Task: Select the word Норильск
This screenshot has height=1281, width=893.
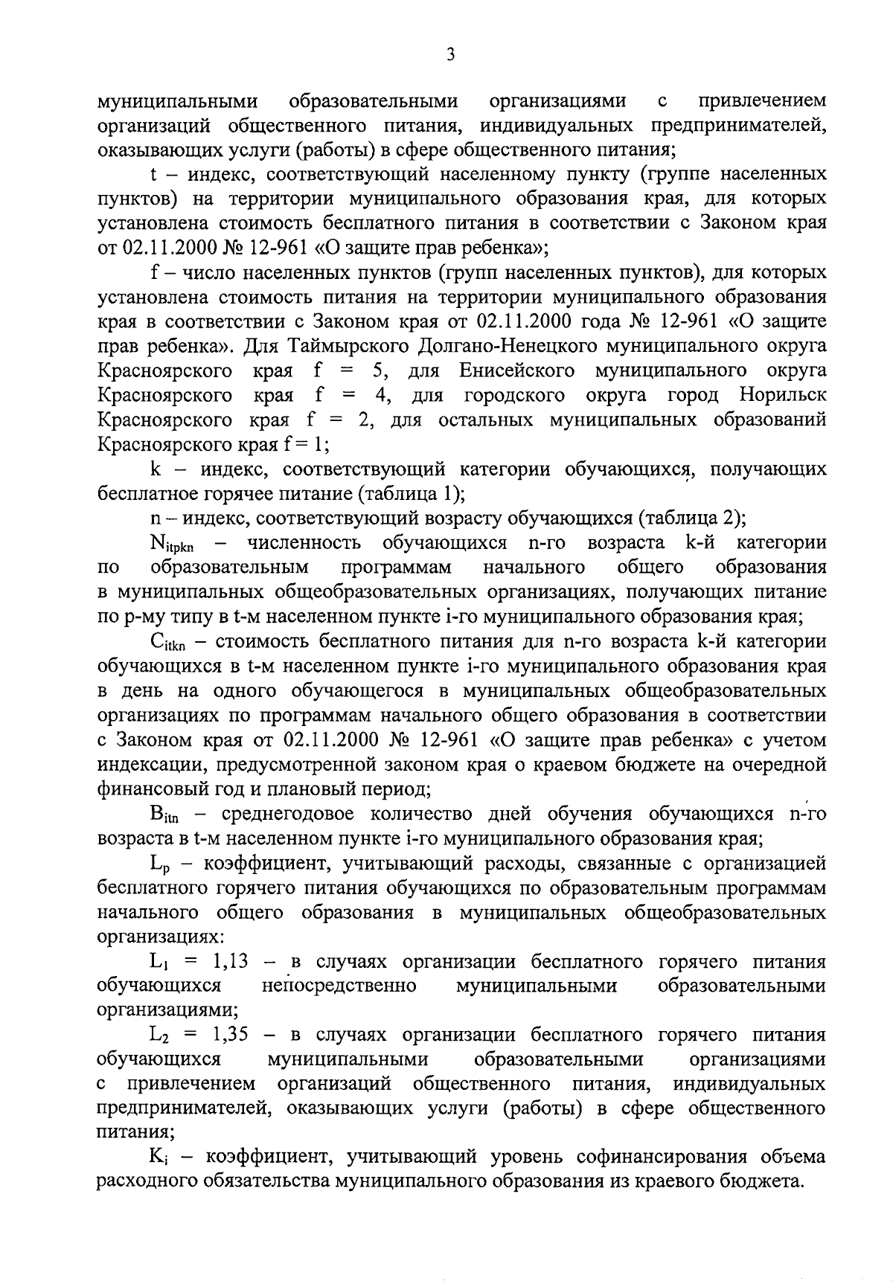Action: point(783,395)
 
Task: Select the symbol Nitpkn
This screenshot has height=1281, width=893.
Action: point(172,544)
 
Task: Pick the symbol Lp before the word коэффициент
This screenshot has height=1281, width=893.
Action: point(161,864)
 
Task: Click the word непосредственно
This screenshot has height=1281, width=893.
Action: point(339,986)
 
